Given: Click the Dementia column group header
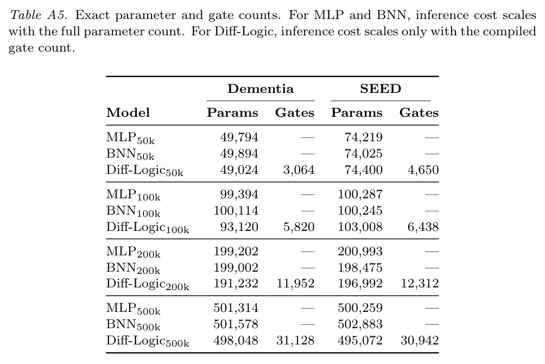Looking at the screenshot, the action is pos(261,89).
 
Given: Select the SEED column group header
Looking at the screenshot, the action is pos(381,89).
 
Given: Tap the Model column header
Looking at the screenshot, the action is pos(128,112).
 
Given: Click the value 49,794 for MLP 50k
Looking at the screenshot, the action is pos(239,137).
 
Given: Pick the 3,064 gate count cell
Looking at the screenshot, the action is pos(299,170).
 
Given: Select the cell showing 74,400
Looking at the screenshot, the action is pos(364,170).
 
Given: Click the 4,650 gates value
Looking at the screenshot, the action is pos(423,170).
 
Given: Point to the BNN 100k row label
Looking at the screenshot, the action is pos(134,211).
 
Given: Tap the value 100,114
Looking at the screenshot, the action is pos(236,211).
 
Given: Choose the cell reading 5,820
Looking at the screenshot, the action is pos(299,227).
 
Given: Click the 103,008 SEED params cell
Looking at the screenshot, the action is pos(360,227).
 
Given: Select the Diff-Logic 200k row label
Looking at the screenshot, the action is pos(148,284).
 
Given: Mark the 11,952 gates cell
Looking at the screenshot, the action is pos(295,283).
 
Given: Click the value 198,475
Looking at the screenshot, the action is pos(360,268).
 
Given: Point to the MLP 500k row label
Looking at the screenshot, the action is pos(134,309).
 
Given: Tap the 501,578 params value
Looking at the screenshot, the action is pos(236,324).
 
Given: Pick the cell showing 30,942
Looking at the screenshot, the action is pos(420,340).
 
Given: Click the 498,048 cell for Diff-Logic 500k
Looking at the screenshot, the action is pos(236,340).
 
